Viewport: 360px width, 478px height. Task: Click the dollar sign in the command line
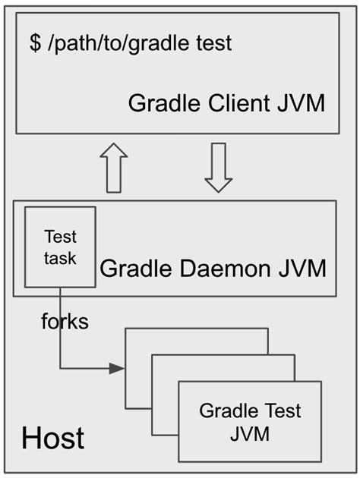[35, 43]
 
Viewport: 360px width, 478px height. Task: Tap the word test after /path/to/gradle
[213, 43]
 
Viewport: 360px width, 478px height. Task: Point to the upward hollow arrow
[114, 167]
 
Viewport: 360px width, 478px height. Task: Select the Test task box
[60, 247]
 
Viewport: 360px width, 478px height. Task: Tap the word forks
[65, 322]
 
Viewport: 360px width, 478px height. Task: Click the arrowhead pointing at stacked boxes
[116, 369]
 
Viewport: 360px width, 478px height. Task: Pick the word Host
[52, 438]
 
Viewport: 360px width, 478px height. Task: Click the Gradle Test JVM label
[250, 423]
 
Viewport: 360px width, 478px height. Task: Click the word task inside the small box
[60, 258]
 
